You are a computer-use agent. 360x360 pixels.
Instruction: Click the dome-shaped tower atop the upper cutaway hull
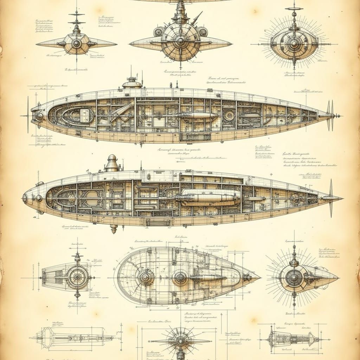click(132, 83)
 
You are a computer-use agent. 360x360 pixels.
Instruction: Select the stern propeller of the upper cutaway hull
click(330, 115)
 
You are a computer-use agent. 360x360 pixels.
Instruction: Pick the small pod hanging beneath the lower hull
click(114, 229)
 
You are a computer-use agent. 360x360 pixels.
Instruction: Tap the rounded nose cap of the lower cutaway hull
click(25, 198)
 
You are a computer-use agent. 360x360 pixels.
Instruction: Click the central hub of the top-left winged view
click(76, 44)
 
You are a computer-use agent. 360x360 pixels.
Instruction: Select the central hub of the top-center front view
click(180, 41)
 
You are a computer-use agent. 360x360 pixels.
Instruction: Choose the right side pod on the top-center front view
click(202, 32)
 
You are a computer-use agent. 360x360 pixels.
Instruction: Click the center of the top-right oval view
click(294, 44)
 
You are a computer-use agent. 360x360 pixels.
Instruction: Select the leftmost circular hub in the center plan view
click(146, 277)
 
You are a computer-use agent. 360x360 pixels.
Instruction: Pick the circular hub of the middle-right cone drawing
click(294, 278)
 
